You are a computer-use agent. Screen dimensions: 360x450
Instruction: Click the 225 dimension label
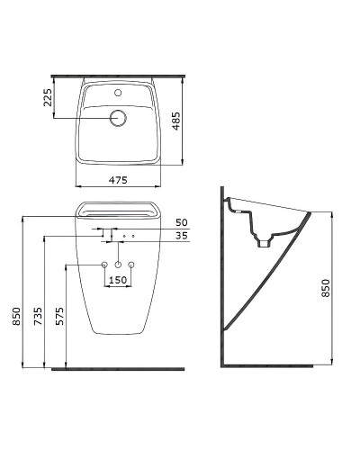(x=48, y=97)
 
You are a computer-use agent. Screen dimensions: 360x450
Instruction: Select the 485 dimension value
(x=176, y=121)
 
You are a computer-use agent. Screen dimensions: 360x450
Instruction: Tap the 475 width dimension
(x=118, y=180)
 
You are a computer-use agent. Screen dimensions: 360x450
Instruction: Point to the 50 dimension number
(x=182, y=222)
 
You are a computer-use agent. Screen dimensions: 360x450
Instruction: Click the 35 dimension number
(x=182, y=236)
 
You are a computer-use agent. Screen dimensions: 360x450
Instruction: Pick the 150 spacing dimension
(x=118, y=280)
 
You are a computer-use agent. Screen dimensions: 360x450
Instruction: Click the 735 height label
(x=38, y=316)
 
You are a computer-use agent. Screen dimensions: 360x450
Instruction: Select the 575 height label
(x=59, y=316)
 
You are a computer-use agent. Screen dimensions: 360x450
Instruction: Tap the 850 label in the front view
(x=16, y=316)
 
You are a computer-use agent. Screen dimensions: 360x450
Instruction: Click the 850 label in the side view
(x=326, y=288)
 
